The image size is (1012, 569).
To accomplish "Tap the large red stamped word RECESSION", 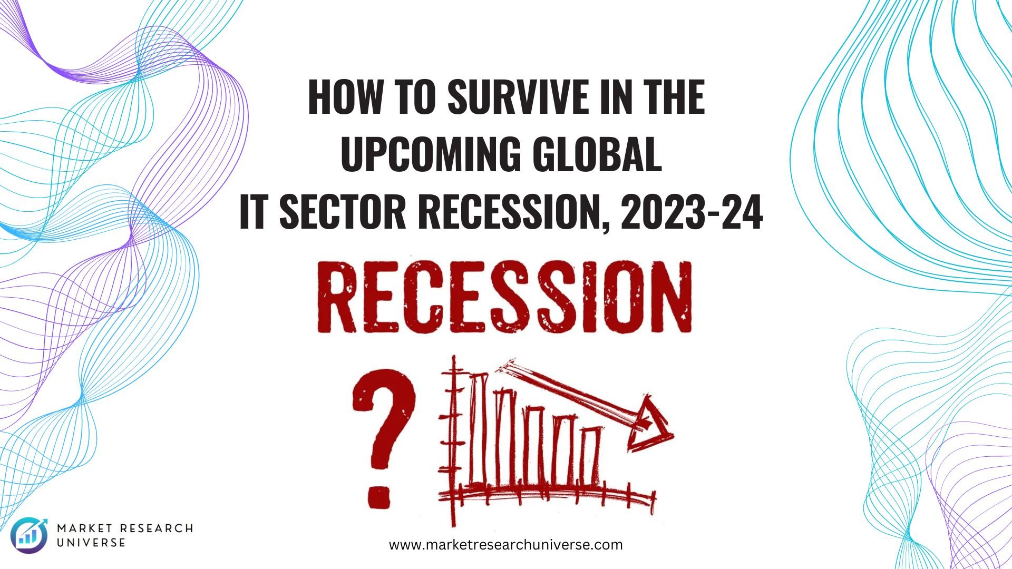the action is tap(504, 298).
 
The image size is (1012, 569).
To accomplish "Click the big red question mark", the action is tap(384, 439).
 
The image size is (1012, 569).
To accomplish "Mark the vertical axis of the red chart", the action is tap(452, 440).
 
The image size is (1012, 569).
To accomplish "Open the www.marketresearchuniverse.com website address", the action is tap(506, 544).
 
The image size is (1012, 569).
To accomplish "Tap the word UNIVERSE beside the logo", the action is tap(91, 543).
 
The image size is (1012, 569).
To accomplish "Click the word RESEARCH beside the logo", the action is tap(156, 528).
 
